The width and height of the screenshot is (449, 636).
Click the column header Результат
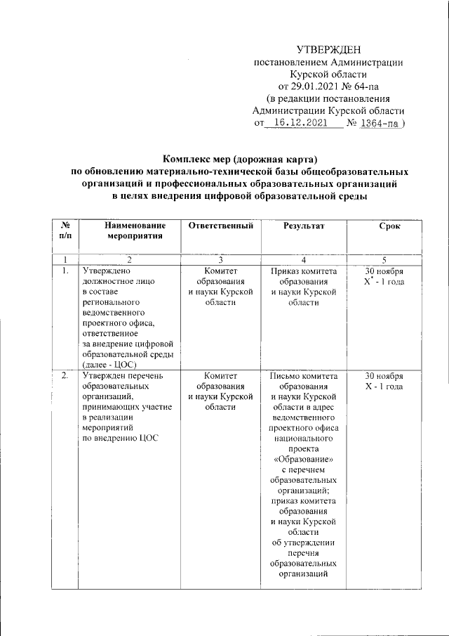coord(304,226)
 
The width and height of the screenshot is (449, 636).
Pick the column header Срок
coord(389,226)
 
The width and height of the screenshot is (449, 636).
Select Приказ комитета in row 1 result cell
coord(304,270)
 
